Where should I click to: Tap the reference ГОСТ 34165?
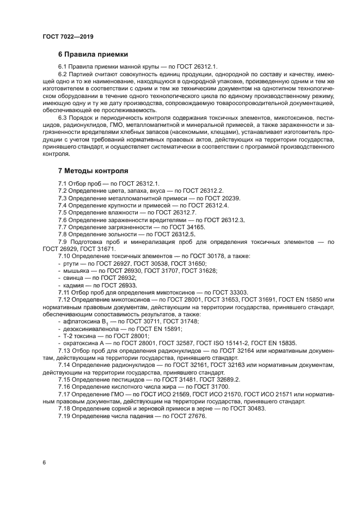[187, 226]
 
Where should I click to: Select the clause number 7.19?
[65, 415]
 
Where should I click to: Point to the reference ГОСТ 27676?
[187, 415]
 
